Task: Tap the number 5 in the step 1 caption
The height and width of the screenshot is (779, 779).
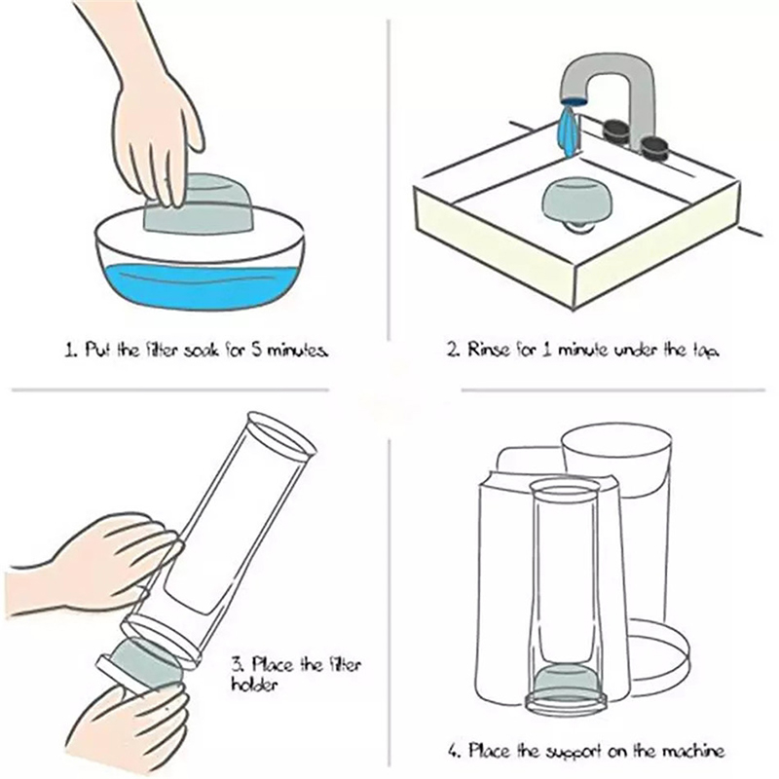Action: point(256,350)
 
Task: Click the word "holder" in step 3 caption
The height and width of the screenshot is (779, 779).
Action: point(254,685)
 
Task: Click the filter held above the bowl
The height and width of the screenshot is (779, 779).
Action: point(198,204)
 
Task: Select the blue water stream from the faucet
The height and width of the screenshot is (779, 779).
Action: point(570,130)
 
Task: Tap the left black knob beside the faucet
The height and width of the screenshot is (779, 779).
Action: point(616,131)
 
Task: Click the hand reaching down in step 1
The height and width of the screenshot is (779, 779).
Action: point(149,109)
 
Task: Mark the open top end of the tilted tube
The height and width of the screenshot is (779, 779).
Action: point(281,434)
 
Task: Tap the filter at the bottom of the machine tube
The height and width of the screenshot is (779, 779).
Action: point(566,680)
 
